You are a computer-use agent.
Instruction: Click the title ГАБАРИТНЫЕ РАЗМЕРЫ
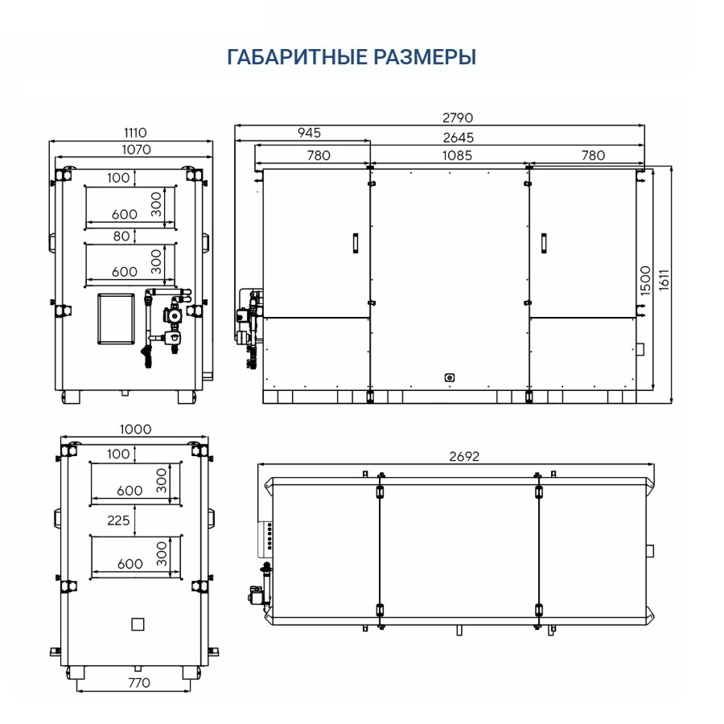tap(352, 58)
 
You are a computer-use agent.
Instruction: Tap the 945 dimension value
tap(308, 133)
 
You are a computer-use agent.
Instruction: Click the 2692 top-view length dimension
tap(463, 456)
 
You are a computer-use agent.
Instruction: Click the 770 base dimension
tap(138, 683)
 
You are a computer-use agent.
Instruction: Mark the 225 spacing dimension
tap(118, 520)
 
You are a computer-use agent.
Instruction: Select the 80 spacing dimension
tap(121, 236)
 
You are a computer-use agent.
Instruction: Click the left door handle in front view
tap(353, 243)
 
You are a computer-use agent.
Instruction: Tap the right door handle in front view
tap(544, 243)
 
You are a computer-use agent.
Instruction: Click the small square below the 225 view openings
tap(138, 623)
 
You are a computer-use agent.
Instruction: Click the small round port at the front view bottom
tap(450, 376)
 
